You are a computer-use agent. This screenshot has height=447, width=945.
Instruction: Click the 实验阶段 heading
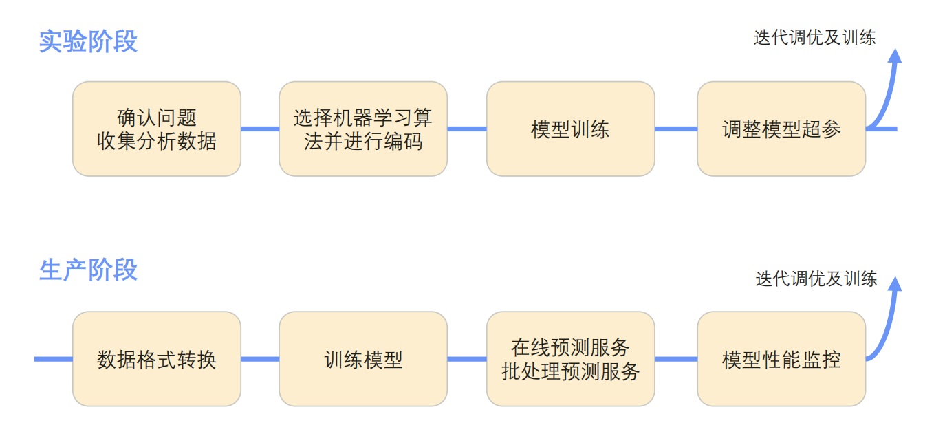(x=88, y=41)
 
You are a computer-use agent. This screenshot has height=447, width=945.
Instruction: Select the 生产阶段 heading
(x=88, y=270)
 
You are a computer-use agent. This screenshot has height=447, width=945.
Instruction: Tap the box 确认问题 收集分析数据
(x=157, y=129)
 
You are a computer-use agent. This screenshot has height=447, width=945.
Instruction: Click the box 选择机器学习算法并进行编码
(x=363, y=129)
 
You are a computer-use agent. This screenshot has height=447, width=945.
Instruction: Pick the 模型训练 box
(x=570, y=129)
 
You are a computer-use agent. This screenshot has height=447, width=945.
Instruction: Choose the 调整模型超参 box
(x=781, y=129)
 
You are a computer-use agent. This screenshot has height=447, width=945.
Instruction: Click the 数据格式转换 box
(x=157, y=359)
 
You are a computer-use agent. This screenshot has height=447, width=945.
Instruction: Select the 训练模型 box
(x=363, y=359)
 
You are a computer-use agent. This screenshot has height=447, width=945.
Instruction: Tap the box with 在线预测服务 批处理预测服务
(x=570, y=359)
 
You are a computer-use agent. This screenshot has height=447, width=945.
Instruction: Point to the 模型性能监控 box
(x=781, y=359)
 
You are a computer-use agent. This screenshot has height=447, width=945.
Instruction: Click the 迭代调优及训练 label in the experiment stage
(x=814, y=37)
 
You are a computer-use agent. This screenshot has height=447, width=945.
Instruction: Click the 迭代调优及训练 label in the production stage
(x=816, y=279)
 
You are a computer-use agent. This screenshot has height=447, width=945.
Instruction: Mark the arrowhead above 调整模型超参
(x=894, y=56)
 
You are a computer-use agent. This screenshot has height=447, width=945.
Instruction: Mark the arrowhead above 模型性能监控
(x=894, y=285)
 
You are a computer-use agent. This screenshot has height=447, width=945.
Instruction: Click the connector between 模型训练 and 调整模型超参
(x=675, y=129)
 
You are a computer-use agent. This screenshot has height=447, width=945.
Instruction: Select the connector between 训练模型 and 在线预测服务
(x=467, y=359)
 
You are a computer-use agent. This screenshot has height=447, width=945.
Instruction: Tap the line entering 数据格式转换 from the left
(x=54, y=359)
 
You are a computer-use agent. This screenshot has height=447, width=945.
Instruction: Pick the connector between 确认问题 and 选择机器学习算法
(x=260, y=129)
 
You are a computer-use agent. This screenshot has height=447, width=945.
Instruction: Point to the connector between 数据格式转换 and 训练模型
(x=260, y=359)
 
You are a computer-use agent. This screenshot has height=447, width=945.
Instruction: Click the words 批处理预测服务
(x=570, y=372)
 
